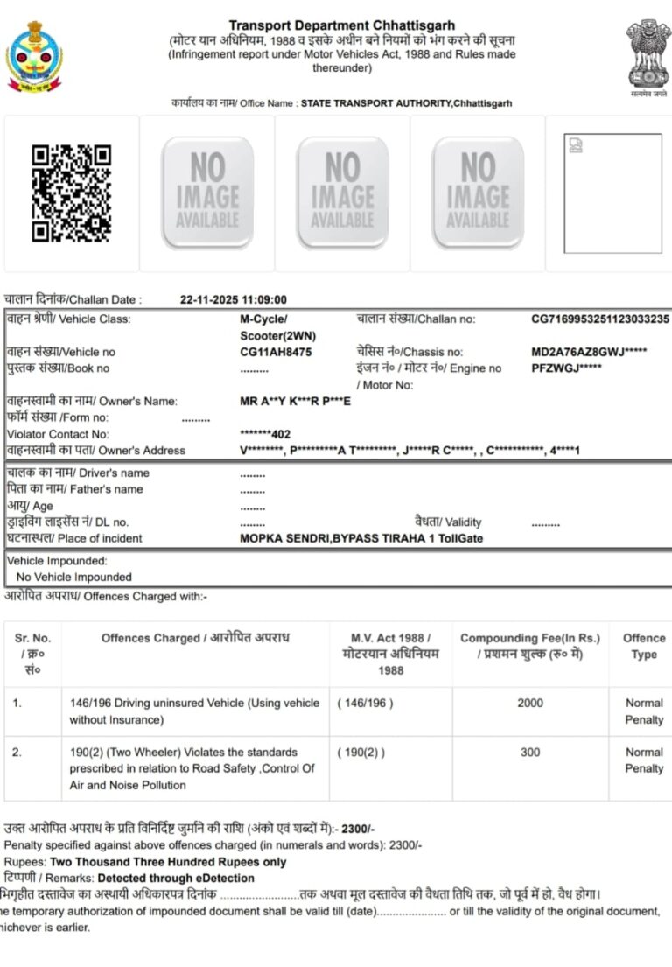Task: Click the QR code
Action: click(x=71, y=193)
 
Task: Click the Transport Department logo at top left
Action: click(x=35, y=58)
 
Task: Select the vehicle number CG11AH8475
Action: click(x=276, y=352)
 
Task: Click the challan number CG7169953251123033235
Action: click(x=600, y=319)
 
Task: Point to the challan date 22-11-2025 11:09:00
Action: click(x=234, y=299)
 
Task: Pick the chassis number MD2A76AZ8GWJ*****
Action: click(x=589, y=352)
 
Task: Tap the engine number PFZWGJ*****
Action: click(x=566, y=368)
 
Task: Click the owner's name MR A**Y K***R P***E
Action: click(x=295, y=401)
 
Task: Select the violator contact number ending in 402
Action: click(x=265, y=434)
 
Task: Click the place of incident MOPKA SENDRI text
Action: click(x=360, y=539)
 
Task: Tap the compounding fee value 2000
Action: click(x=530, y=703)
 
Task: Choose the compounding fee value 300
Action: click(x=530, y=752)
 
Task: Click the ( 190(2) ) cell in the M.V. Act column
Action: click(x=360, y=752)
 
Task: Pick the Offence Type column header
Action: click(x=644, y=646)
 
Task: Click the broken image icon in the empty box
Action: click(x=574, y=144)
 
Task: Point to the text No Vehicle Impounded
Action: click(x=74, y=578)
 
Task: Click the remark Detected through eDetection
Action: click(x=176, y=878)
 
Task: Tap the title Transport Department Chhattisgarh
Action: click(x=342, y=26)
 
